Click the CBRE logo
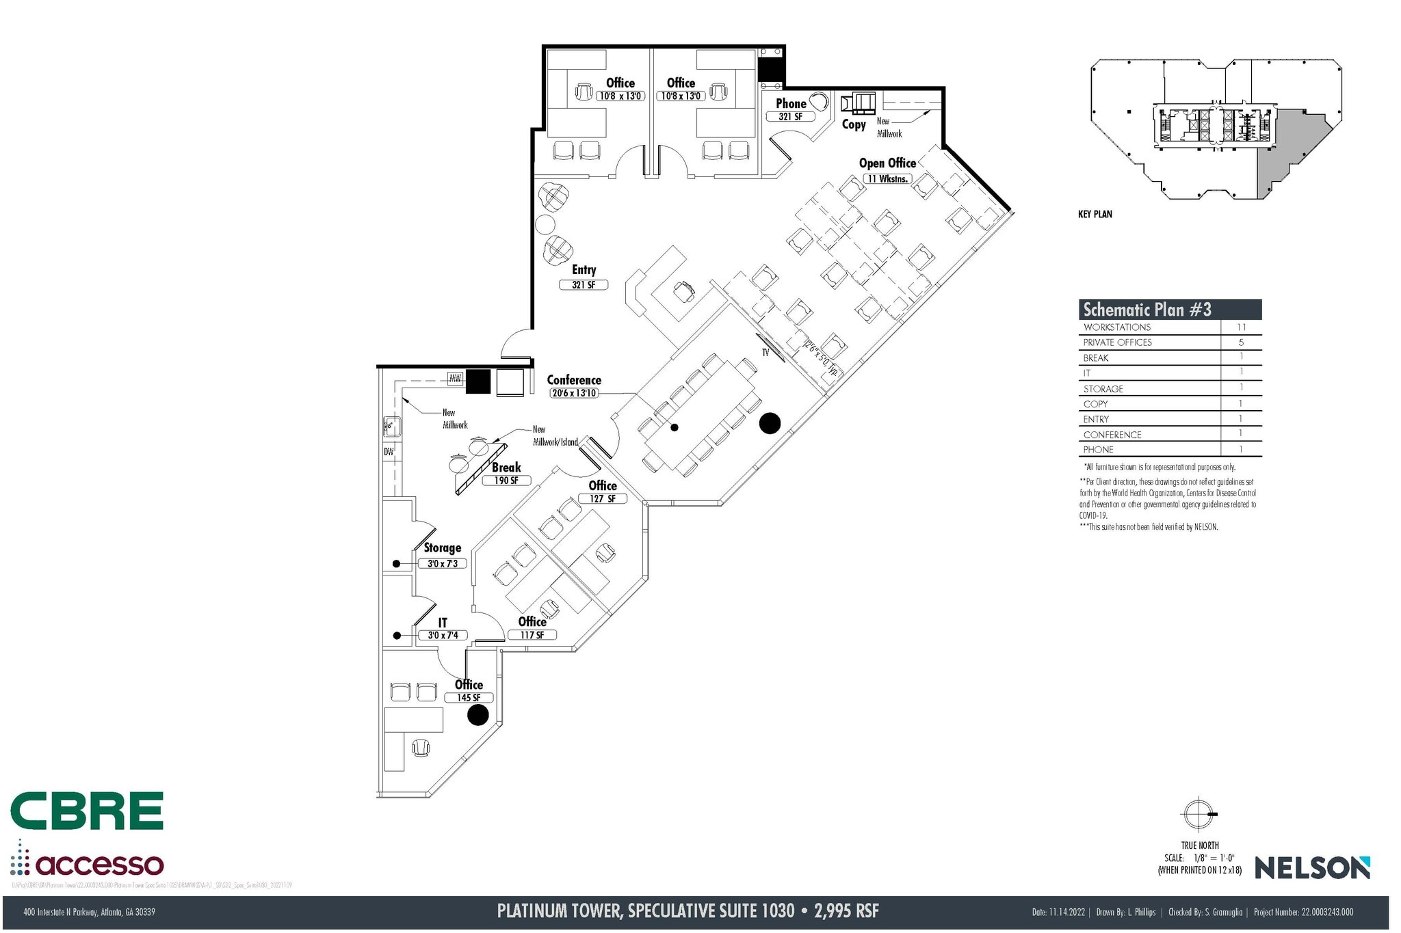(x=87, y=811)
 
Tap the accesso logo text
(x=99, y=865)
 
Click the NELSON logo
(x=1311, y=868)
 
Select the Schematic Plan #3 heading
(x=1147, y=310)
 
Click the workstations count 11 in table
(x=1241, y=327)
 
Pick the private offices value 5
(x=1241, y=342)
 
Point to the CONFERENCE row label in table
(x=1112, y=435)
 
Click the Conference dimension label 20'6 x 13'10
(x=573, y=393)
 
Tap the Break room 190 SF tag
(x=506, y=481)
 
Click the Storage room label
(x=442, y=547)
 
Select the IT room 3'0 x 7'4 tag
(x=443, y=635)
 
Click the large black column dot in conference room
(x=770, y=424)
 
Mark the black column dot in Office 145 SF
(x=477, y=715)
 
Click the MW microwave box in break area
(x=455, y=378)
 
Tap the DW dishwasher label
(x=389, y=452)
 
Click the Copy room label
(x=853, y=124)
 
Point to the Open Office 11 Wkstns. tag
(x=887, y=178)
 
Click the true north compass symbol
(x=1199, y=814)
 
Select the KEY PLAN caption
(x=1095, y=214)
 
